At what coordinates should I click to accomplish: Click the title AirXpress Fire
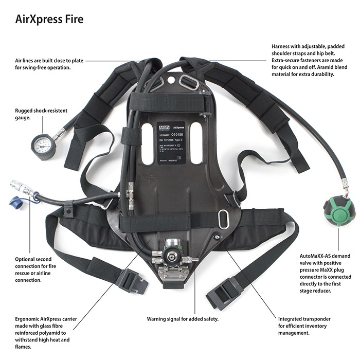click(x=49, y=20)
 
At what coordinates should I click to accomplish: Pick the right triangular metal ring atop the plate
click(x=189, y=83)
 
